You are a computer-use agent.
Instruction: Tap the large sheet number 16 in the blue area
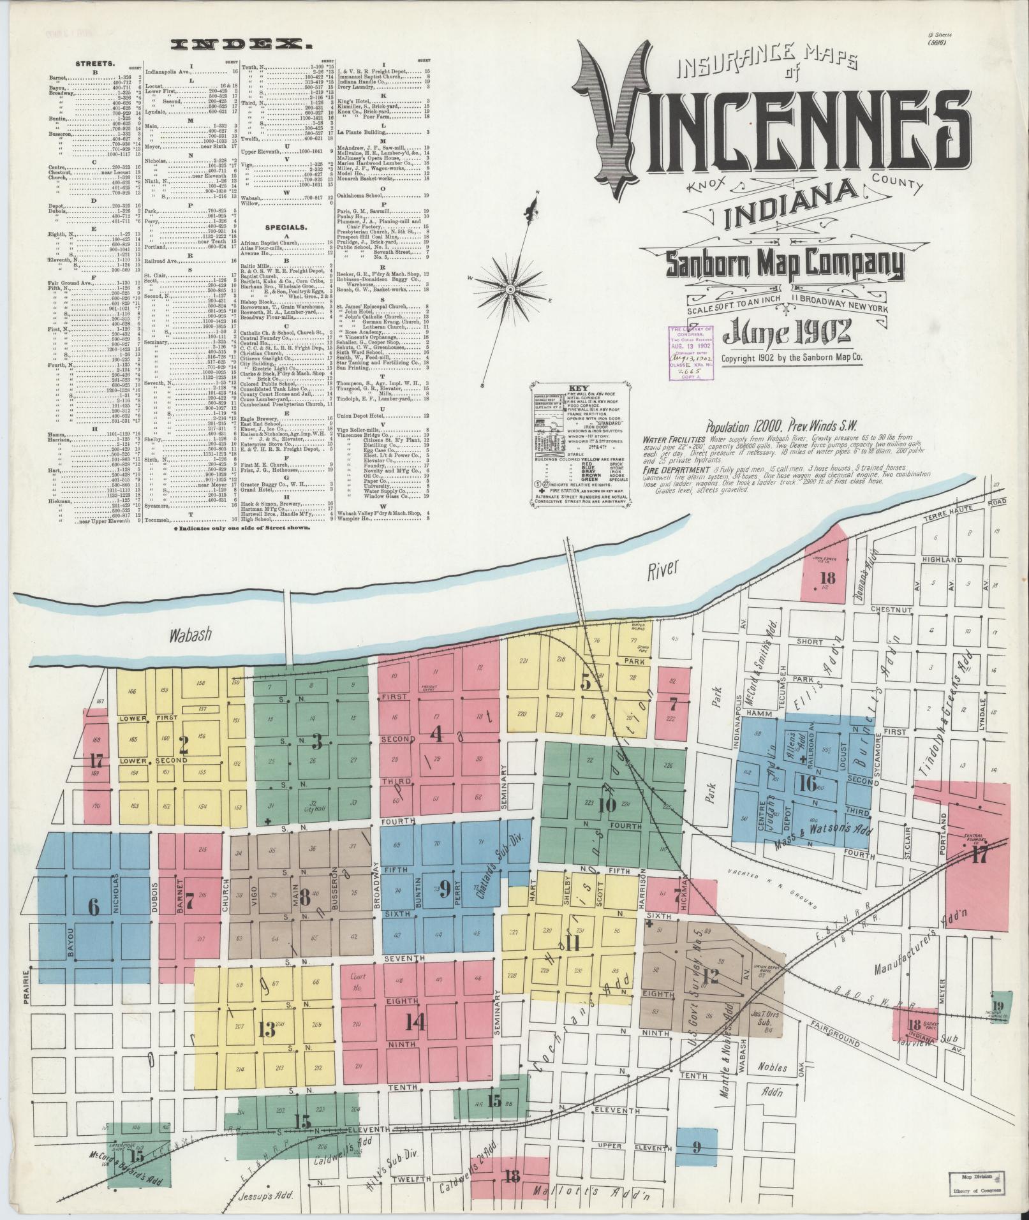pyautogui.click(x=807, y=783)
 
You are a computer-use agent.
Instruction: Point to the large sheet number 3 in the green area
pyautogui.click(x=315, y=741)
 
